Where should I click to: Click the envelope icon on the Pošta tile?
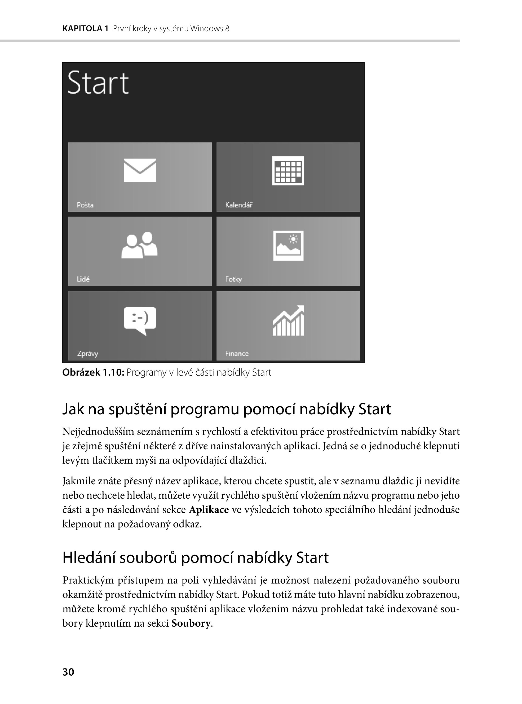(x=140, y=170)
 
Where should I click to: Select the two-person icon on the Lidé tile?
(x=139, y=245)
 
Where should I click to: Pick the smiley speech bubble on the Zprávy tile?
(x=140, y=320)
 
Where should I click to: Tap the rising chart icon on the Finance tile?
(x=288, y=320)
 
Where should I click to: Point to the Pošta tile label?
(x=85, y=205)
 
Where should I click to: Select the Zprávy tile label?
(x=87, y=353)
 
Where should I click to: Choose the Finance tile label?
(x=237, y=353)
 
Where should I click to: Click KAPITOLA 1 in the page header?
(x=85, y=29)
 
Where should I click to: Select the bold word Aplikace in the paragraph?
(x=209, y=510)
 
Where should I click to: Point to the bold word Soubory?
(x=191, y=623)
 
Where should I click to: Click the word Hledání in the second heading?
(x=89, y=558)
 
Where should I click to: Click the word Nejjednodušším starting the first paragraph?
(x=98, y=432)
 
